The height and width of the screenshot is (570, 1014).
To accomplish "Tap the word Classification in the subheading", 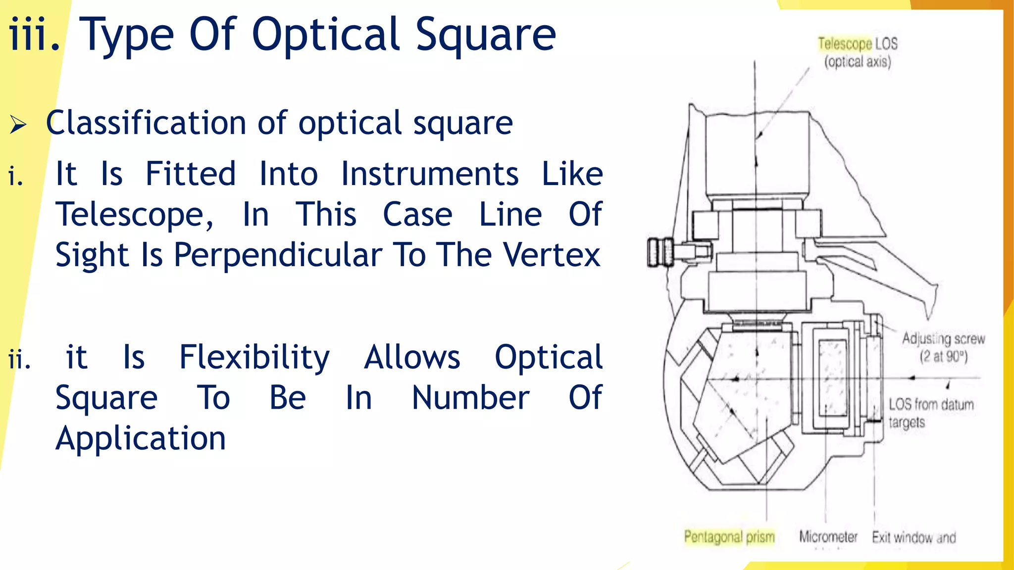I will coord(146,123).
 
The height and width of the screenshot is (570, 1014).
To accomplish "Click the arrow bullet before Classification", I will coord(18,124).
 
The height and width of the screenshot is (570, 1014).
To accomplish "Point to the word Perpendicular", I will coord(278,255).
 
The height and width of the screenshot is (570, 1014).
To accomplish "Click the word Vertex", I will coord(552,255).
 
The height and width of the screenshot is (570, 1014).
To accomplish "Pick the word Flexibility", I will coord(254,357).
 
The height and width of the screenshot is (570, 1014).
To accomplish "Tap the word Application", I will coord(141,438).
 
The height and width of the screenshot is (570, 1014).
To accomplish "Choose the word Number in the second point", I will coord(470,398).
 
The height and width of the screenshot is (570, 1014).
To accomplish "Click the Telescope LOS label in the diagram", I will coord(857,44).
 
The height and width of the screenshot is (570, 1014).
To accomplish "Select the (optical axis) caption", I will coord(857,62).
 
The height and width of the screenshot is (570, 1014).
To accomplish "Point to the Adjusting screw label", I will coord(943,339).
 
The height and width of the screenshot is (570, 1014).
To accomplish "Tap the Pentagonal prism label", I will coord(729,537).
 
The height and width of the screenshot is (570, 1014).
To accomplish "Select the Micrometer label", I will coord(828,537).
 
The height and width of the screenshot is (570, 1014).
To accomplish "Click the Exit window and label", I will coord(913,537).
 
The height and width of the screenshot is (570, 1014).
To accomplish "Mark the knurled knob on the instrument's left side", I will coord(660,252).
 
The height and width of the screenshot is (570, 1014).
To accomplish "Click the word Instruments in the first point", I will coord(430,174).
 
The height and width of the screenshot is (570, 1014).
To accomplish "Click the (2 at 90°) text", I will coord(943,357).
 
